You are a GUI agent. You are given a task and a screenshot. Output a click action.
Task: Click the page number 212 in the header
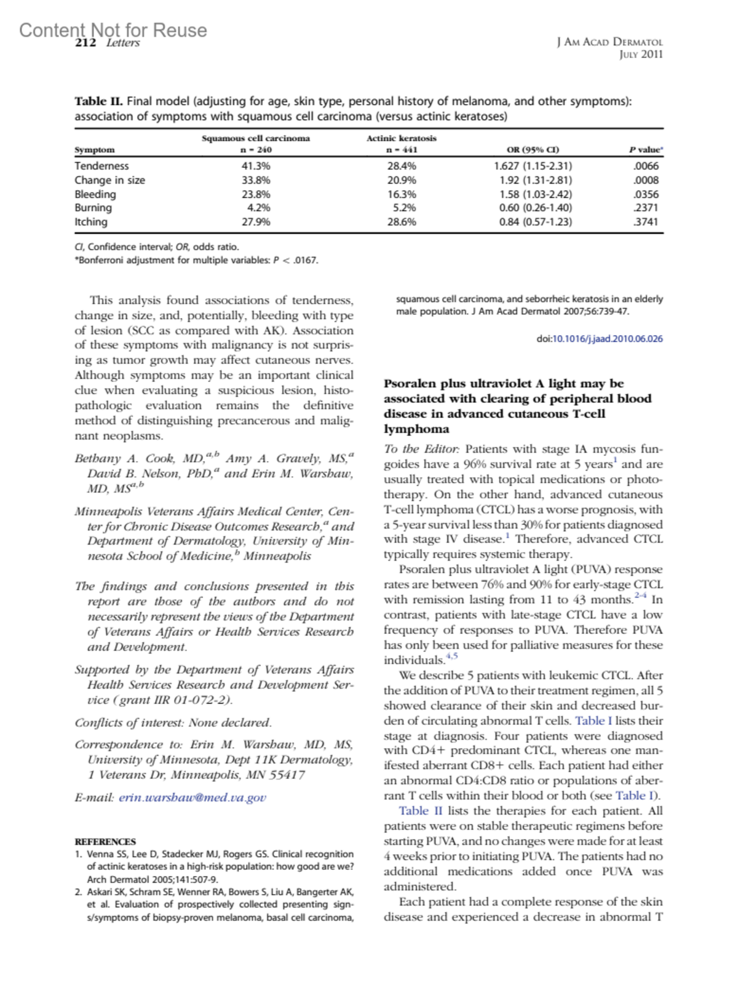pyautogui.click(x=85, y=43)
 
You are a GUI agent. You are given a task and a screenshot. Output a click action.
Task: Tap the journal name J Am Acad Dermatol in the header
pyautogui.click(x=609, y=42)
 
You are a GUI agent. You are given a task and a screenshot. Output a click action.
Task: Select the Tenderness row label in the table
pyautogui.click(x=101, y=166)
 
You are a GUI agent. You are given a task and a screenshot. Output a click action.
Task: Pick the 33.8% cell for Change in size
pyautogui.click(x=256, y=180)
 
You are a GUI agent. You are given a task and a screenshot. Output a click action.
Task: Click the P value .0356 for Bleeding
pyautogui.click(x=646, y=194)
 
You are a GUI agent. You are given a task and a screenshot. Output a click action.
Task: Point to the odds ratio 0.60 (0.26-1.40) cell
pyautogui.click(x=535, y=208)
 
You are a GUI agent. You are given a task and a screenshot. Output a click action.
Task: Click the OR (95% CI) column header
pyautogui.click(x=533, y=149)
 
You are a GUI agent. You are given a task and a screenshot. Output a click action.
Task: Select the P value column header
pyautogui.click(x=645, y=149)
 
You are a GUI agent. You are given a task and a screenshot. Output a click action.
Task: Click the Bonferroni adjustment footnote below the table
pyautogui.click(x=196, y=260)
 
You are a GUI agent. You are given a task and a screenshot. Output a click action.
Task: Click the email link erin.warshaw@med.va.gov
pyautogui.click(x=192, y=797)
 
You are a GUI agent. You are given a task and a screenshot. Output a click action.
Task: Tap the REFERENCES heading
pyautogui.click(x=105, y=842)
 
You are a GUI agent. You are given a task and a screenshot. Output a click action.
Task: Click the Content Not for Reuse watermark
pyautogui.click(x=113, y=30)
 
